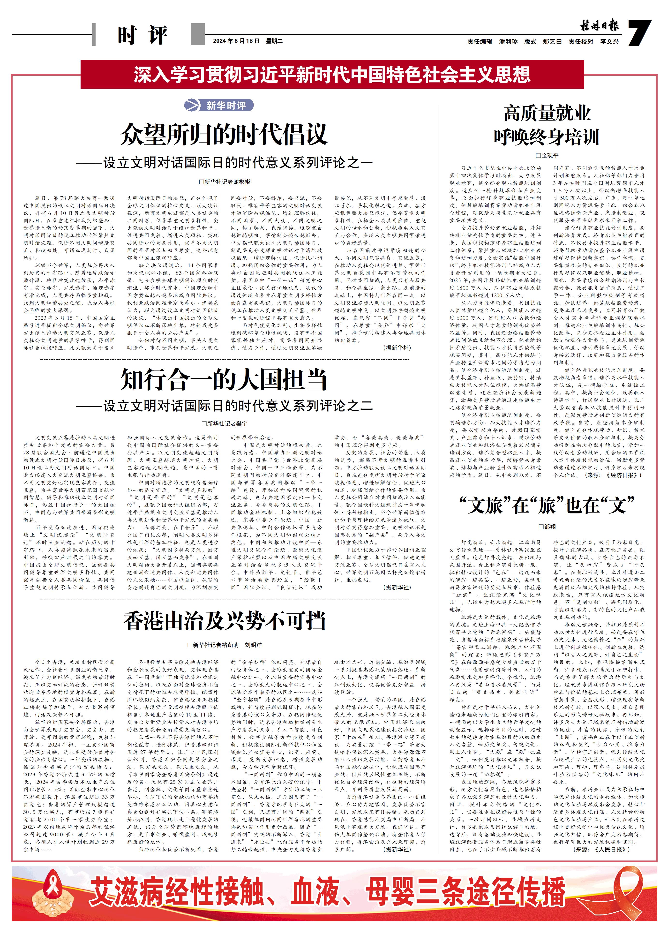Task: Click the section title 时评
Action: coord(142,35)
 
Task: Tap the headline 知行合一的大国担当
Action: coord(224,379)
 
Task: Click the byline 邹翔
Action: coord(548,527)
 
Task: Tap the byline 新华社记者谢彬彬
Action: coord(225,181)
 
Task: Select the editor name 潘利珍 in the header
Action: coord(508,42)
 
